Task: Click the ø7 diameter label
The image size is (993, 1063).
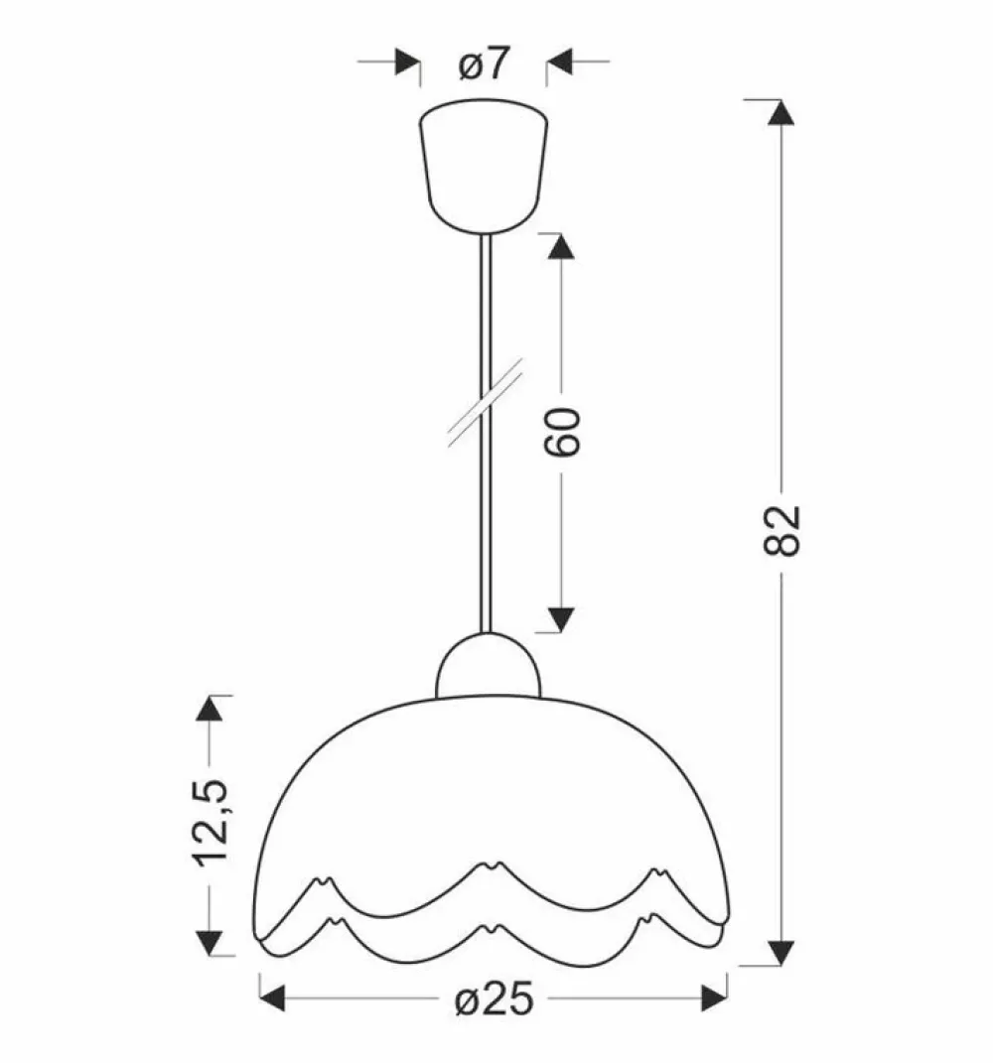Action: pyautogui.click(x=483, y=65)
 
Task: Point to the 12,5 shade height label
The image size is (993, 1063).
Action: pyautogui.click(x=210, y=823)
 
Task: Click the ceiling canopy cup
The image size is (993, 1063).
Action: pyautogui.click(x=484, y=166)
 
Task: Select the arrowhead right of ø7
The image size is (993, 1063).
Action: pyautogui.click(x=560, y=62)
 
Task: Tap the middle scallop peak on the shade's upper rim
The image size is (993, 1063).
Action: pyautogui.click(x=489, y=865)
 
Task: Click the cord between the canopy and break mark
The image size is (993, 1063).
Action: pyautogui.click(x=484, y=308)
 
